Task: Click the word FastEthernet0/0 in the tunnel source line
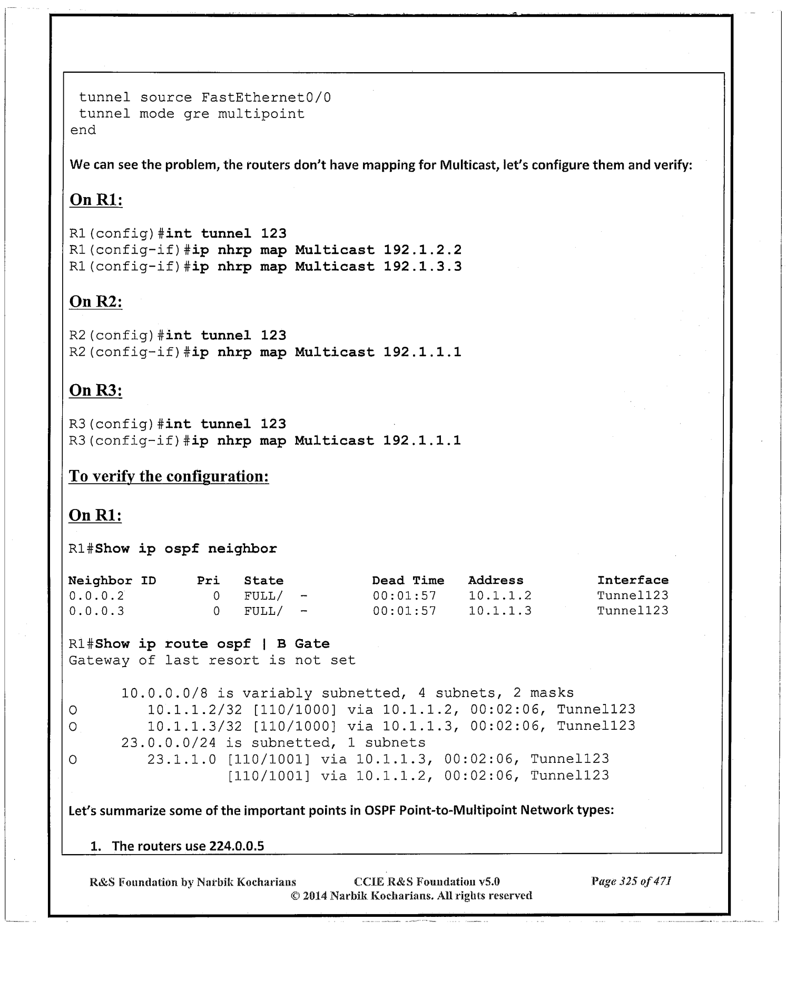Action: [x=266, y=98]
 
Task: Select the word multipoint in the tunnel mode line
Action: [x=261, y=114]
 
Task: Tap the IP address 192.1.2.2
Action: [x=423, y=250]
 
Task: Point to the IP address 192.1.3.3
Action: [x=423, y=267]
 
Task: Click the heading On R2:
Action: [x=96, y=302]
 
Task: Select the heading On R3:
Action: [x=96, y=390]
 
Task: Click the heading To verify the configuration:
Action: [x=169, y=476]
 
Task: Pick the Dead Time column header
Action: [x=408, y=581]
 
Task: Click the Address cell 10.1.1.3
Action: [x=500, y=611]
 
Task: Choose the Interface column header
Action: [x=633, y=581]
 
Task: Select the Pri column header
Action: [x=208, y=581]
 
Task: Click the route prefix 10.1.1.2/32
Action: [x=194, y=710]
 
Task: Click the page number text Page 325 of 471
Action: [x=631, y=881]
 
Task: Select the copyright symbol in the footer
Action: [x=296, y=896]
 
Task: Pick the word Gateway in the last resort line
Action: [x=99, y=661]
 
